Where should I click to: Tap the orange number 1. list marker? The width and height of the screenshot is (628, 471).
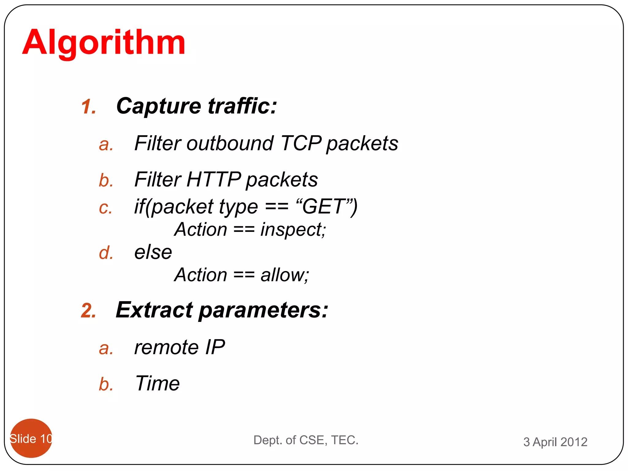point(89,107)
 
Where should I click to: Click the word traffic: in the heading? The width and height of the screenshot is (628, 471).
point(242,106)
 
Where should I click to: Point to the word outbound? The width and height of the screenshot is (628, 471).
point(230,143)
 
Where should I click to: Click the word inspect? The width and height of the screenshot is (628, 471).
point(293,230)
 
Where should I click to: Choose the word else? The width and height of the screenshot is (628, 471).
point(153,252)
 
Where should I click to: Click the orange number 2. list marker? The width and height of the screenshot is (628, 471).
point(89,311)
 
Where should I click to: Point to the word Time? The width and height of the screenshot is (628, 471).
point(158,383)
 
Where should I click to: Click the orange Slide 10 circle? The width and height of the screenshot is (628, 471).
point(31,438)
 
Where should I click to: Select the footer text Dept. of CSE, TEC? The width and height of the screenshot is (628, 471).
point(306,440)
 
